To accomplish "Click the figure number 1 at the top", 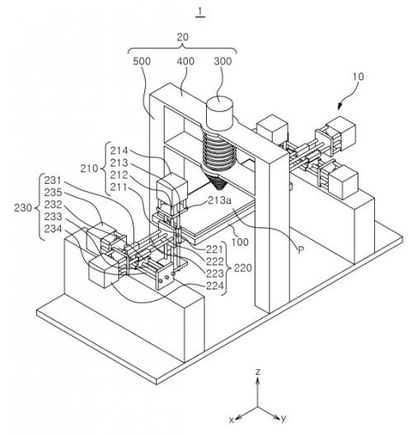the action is coord(200,12).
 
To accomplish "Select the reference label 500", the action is coord(142,61).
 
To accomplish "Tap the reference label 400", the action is coord(185,61).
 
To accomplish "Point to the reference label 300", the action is coord(222,61).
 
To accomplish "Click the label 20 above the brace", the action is coord(182,37).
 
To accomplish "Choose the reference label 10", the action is coord(358,77).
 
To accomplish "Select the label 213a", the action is coord(220,200).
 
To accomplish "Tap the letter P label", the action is coord(301,251).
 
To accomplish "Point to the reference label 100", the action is coord(240,242).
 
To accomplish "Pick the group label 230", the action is coord(23,208).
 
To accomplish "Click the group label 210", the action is coord(89,168).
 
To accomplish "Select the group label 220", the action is coord(243,268).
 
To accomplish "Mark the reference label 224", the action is coord(214,285).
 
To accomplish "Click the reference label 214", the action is coord(119,151).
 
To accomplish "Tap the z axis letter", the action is coord(258,372).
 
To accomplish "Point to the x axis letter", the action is coord(231,420).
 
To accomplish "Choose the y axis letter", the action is coord(283,418).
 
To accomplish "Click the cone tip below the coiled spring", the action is coord(220,189).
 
